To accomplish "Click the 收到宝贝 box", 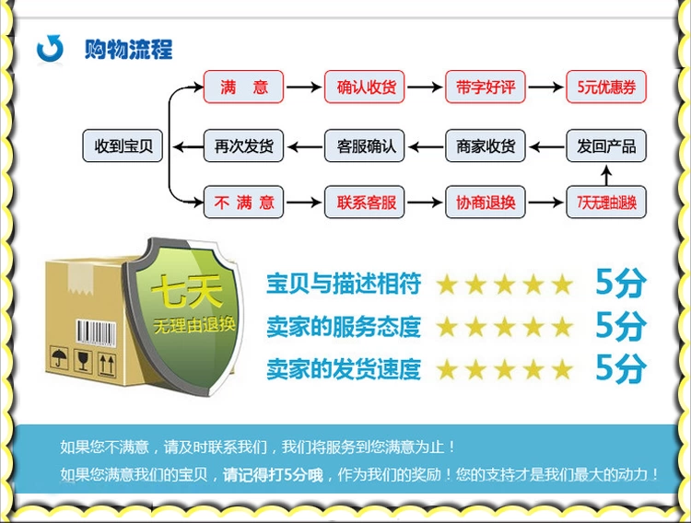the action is click(x=123, y=145).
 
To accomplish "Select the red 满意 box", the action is click(x=244, y=87).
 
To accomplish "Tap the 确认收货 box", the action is click(x=365, y=87).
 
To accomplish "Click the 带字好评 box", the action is click(x=486, y=87).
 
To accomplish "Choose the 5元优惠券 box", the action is click(x=606, y=87).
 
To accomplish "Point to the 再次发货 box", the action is click(x=244, y=145).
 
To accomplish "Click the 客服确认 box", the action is click(x=365, y=145).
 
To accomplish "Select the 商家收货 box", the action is click(x=486, y=145).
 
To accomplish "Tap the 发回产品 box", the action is click(x=606, y=145).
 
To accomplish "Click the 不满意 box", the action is click(x=244, y=202).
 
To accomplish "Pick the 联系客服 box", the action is click(x=365, y=202).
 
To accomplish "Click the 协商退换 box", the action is click(x=486, y=202).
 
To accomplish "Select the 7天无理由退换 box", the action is click(x=606, y=202).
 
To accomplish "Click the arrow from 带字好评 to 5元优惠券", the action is click(x=545, y=87).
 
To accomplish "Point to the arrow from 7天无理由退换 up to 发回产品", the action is click(x=606, y=174).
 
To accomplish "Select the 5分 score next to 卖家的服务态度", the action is click(x=620, y=326).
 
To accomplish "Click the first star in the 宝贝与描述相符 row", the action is click(x=448, y=284).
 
